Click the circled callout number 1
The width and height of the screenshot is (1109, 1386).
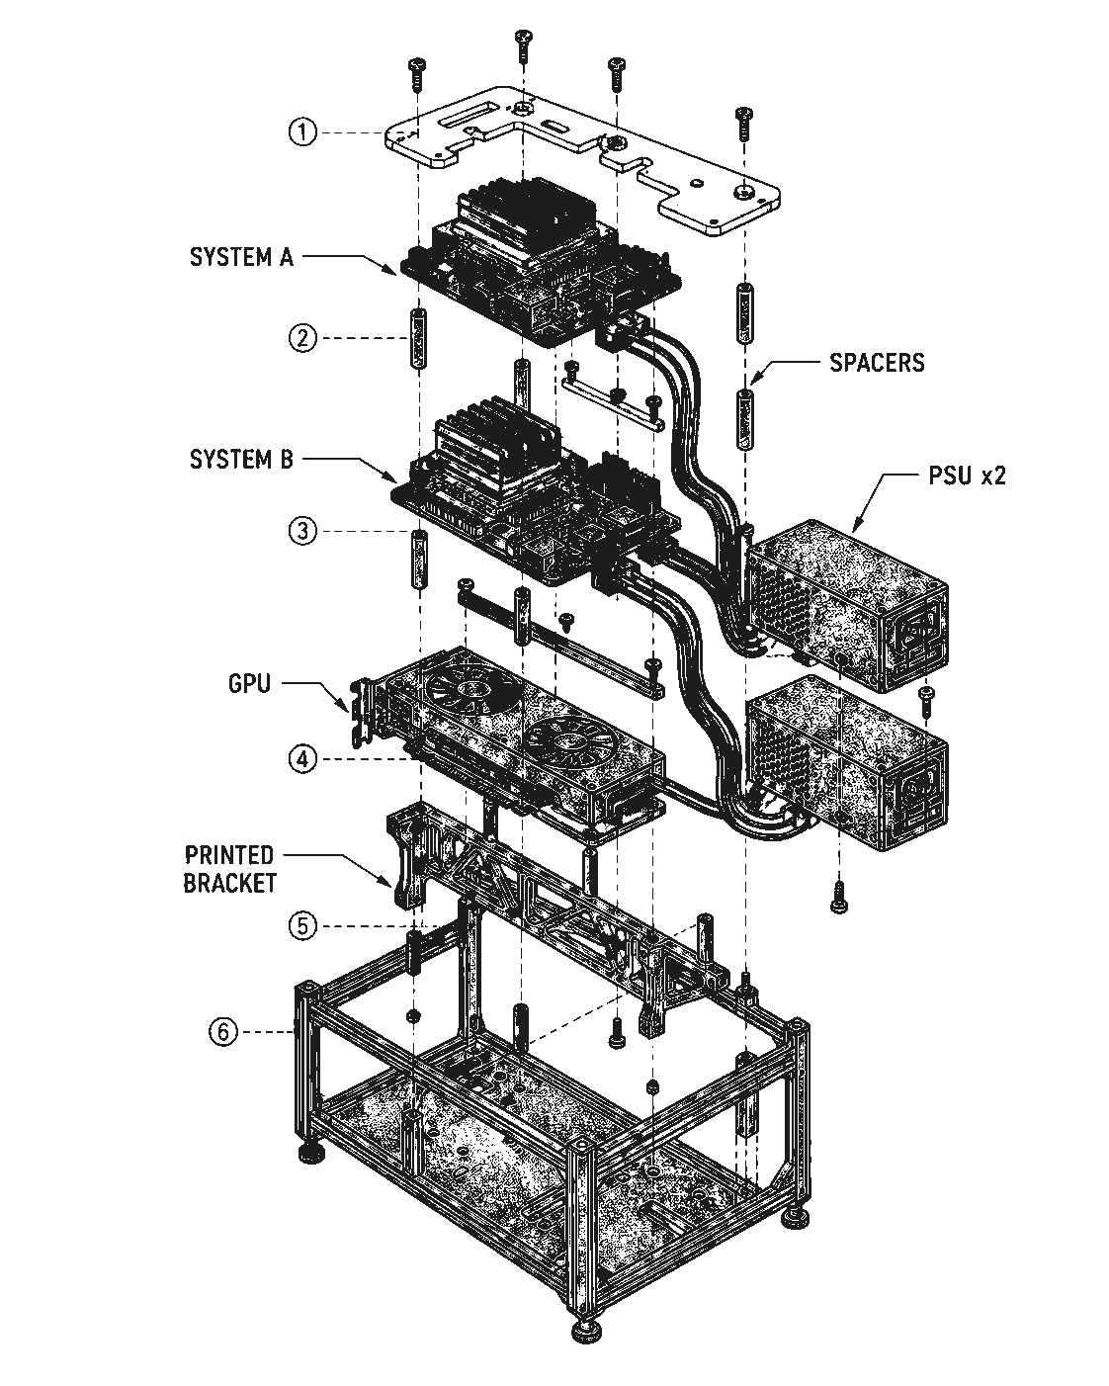(302, 132)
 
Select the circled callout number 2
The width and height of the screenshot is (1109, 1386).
(302, 337)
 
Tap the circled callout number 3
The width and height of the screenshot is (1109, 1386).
(302, 531)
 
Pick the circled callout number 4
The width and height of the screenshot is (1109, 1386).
(302, 758)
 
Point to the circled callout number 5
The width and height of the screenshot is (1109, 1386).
(302, 926)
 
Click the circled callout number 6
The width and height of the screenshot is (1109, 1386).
(223, 1032)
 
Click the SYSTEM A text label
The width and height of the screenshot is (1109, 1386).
(241, 257)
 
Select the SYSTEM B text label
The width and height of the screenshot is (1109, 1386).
(241, 460)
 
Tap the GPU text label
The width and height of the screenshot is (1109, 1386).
(249, 683)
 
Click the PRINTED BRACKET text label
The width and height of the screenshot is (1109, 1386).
(230, 869)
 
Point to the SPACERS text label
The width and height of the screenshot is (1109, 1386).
(877, 363)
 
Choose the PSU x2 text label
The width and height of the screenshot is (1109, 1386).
(966, 476)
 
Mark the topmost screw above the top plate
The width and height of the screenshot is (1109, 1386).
(524, 46)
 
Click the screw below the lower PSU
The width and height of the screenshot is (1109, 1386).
(839, 897)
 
